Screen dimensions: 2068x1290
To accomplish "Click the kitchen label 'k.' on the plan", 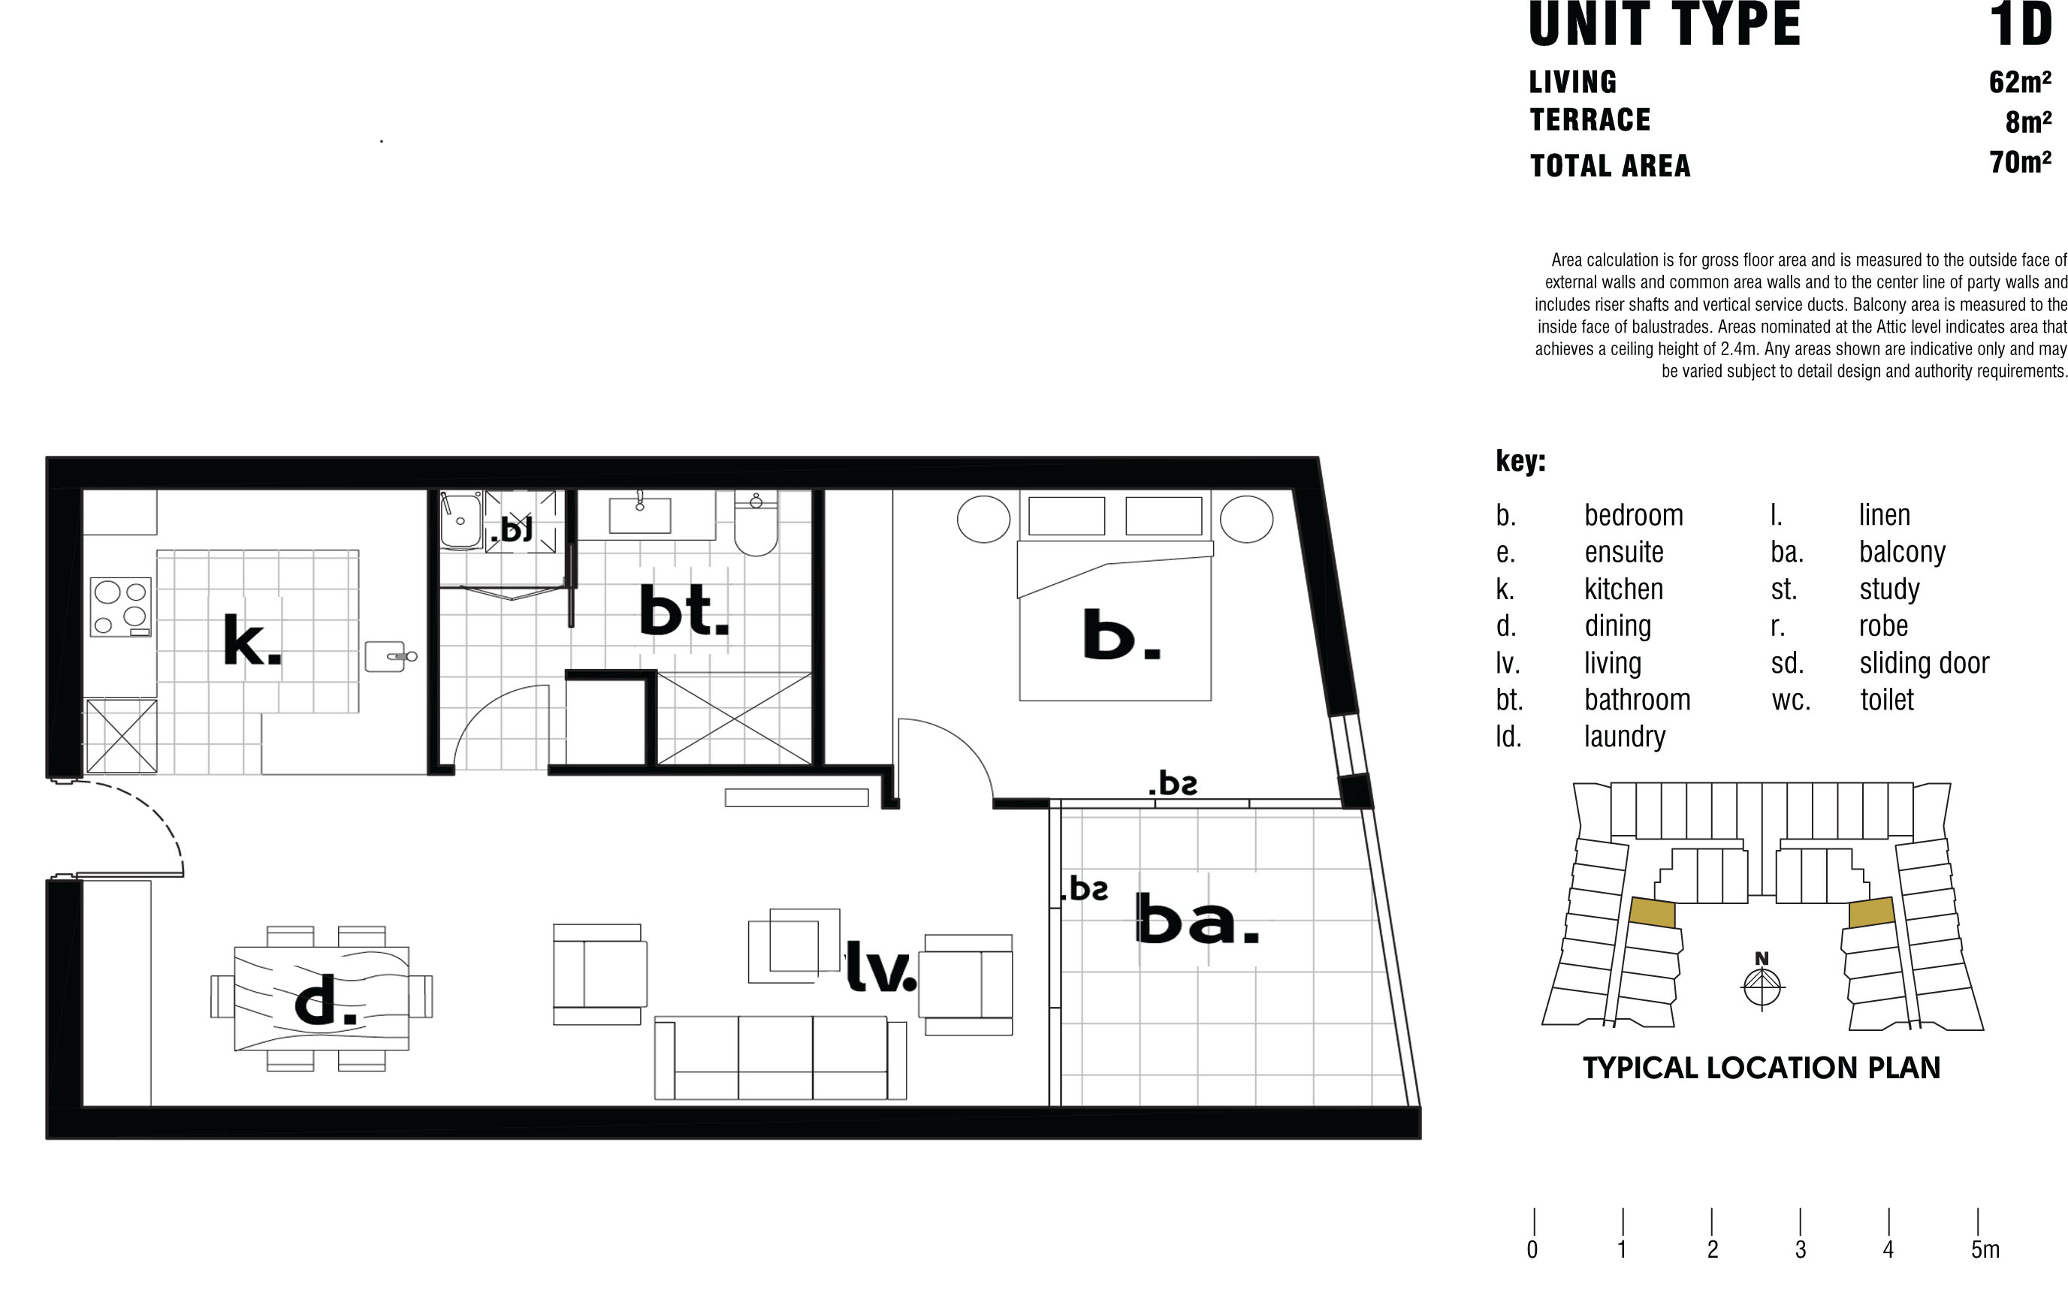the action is [x=252, y=639].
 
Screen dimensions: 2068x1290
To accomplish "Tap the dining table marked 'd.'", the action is [x=322, y=997].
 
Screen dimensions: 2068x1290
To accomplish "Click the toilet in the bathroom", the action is [x=756, y=524].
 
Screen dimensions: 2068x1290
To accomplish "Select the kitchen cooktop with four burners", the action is [x=120, y=607].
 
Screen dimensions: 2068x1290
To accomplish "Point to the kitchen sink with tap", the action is [x=390, y=656].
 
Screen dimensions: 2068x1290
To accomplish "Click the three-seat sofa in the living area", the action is [x=780, y=1057].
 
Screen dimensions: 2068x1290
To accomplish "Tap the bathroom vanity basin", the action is [x=639, y=514].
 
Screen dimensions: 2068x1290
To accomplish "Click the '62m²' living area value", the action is [x=2019, y=81].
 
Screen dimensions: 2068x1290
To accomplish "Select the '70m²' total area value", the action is [x=2019, y=161].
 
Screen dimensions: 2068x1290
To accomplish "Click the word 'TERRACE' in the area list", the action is [x=1590, y=120].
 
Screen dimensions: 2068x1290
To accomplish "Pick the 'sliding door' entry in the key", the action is [x=1924, y=663].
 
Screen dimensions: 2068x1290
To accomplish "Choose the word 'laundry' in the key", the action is [x=1624, y=737].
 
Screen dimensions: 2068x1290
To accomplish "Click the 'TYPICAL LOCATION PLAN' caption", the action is [x=1762, y=1067].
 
